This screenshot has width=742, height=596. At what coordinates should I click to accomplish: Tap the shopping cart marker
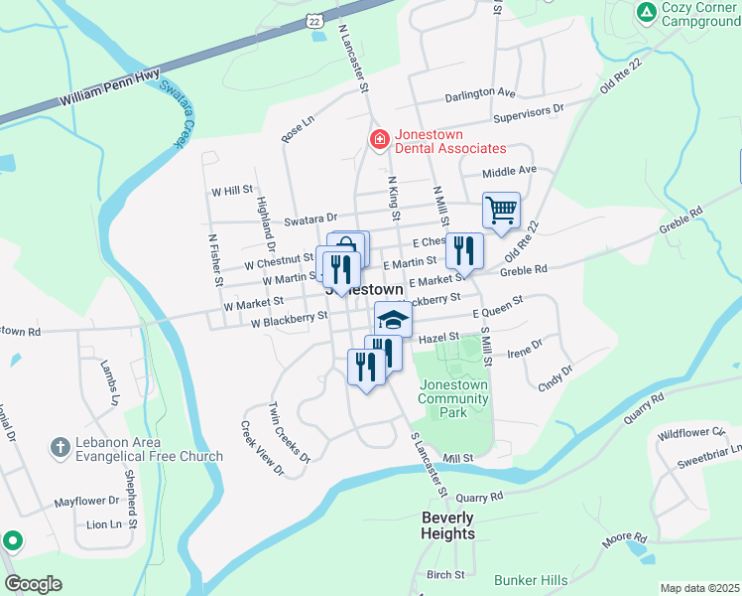[x=502, y=211]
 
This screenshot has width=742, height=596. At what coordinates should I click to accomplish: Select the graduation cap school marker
[x=393, y=320]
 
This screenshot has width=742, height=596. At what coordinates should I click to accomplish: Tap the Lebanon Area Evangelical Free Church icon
[x=60, y=448]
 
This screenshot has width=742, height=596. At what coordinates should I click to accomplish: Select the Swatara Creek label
[x=174, y=114]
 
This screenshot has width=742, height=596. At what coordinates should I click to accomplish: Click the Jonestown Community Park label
[x=454, y=398]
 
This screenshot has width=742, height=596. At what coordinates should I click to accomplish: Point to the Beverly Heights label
[x=447, y=525]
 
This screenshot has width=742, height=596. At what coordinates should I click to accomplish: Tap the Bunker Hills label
[x=532, y=580]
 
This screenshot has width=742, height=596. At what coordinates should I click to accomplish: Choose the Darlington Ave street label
[x=480, y=93]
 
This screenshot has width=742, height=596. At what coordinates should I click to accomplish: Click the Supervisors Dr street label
[x=529, y=111]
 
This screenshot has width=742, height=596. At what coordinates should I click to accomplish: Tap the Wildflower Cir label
[x=691, y=433]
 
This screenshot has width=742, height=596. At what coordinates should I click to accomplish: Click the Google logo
[x=34, y=584]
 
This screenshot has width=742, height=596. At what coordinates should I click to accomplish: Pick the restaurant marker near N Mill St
[x=463, y=251]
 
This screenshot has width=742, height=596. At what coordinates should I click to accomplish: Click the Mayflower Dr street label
[x=86, y=503]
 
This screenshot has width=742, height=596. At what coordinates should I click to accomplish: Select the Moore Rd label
[x=624, y=537]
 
